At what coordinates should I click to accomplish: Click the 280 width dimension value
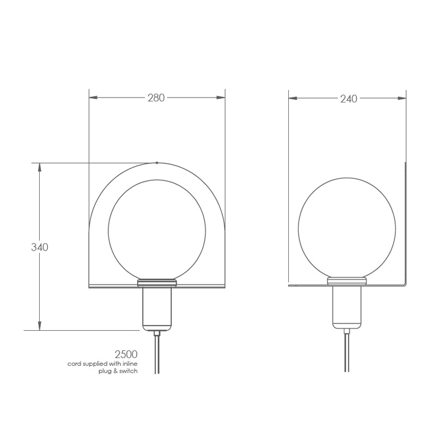click(x=156, y=98)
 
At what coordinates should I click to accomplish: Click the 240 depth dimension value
click(x=349, y=99)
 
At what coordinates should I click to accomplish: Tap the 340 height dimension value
click(x=39, y=247)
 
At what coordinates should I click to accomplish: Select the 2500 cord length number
click(x=126, y=354)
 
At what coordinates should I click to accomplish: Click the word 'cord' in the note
click(x=73, y=364)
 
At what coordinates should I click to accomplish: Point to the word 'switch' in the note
click(x=129, y=371)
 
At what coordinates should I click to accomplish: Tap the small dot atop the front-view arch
click(x=157, y=162)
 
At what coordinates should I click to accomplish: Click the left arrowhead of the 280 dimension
click(x=93, y=98)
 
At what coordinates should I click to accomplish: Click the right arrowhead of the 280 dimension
click(x=221, y=98)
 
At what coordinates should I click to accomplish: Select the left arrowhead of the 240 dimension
click(x=293, y=98)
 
